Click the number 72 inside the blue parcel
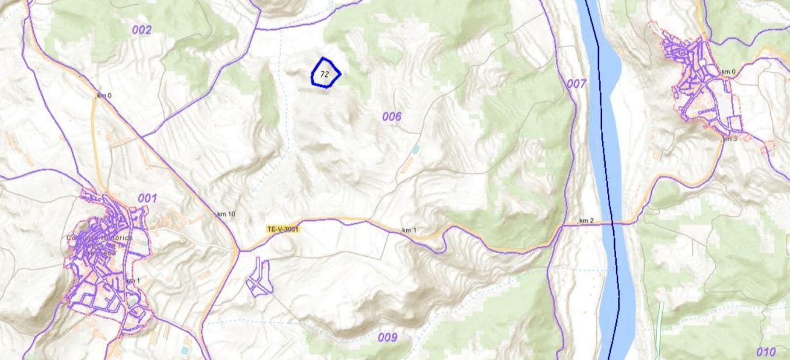coord(325,74)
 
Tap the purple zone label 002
coord(141,30)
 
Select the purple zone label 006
coord(391,117)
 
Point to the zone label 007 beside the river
coord(576,84)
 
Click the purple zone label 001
coord(148,198)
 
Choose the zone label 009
coord(387,337)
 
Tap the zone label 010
coord(765,352)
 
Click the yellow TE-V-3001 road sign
coord(283,229)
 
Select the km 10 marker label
coord(226,214)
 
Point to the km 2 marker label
coord(586,221)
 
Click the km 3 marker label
coord(730,139)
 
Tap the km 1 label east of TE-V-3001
coord(409,230)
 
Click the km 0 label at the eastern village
coord(728,72)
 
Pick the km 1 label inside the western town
coord(133,281)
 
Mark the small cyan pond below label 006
coord(415,150)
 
